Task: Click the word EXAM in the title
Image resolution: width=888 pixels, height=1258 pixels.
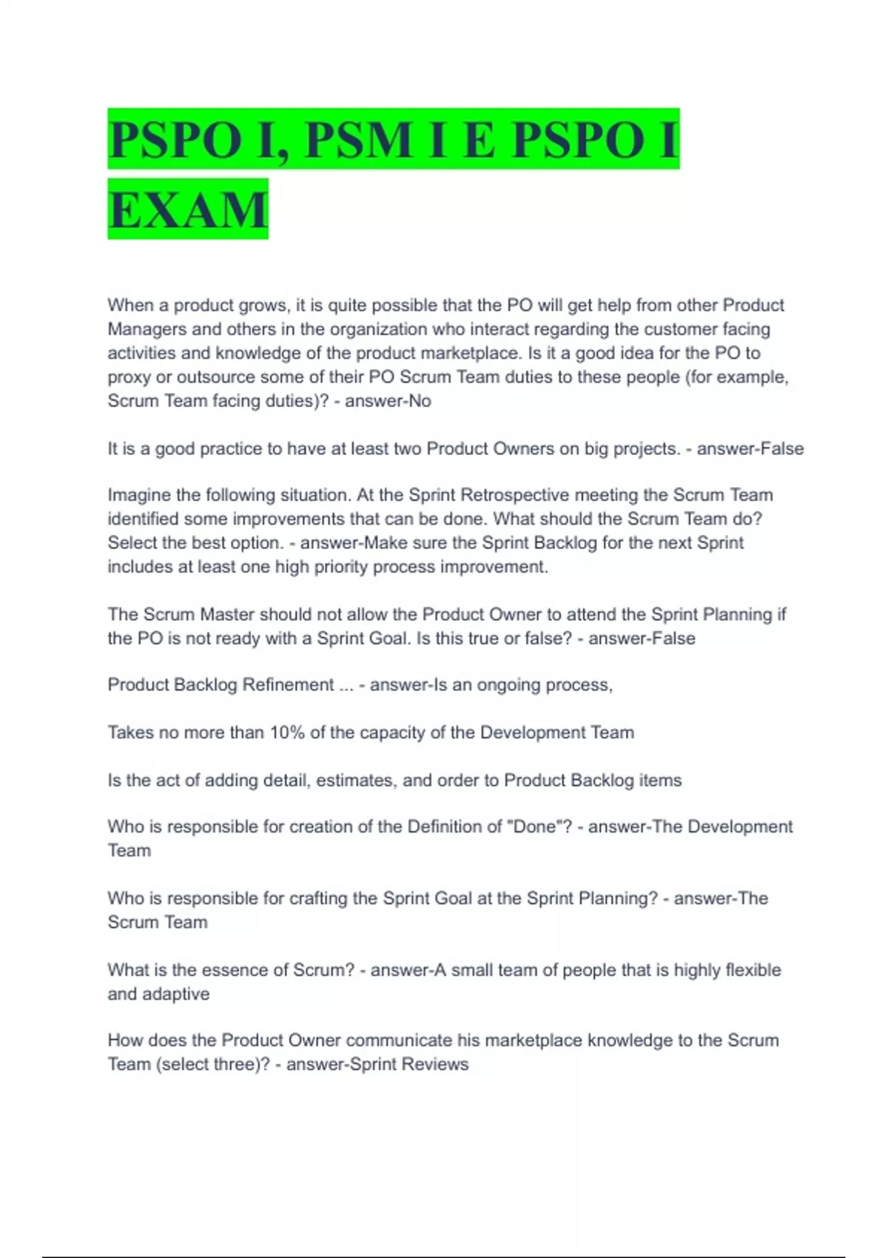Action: pos(188,209)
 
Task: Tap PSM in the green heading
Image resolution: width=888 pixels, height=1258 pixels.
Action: pos(357,139)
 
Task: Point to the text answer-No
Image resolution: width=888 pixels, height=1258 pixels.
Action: pos(388,401)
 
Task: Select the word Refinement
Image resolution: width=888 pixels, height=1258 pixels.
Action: pos(288,684)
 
